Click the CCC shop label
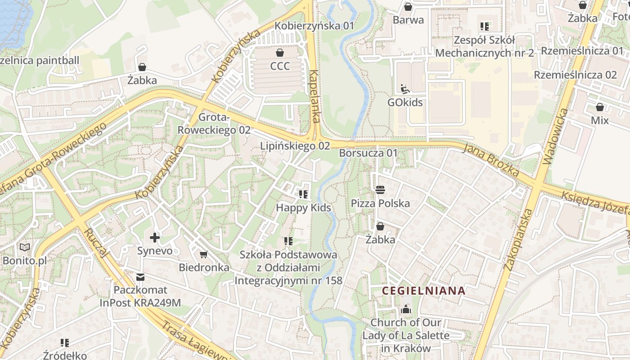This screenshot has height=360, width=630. [280, 66]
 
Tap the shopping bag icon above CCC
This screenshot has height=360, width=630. [280, 53]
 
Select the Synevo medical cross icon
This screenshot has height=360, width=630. [155, 237]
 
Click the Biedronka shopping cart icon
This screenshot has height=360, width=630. [204, 255]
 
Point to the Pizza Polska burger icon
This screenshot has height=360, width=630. [380, 189]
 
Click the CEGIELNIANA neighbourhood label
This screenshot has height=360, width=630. [423, 291]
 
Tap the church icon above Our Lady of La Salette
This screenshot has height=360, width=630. [406, 309]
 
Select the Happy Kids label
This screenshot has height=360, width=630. [303, 207]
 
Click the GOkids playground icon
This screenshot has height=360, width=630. [405, 89]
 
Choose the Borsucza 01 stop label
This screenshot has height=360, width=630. [369, 153]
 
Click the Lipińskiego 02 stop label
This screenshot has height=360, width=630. [295, 146]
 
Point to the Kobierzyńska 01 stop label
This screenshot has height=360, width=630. [315, 26]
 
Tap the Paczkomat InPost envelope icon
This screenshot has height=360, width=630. [140, 277]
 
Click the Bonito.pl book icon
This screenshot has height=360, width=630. [24, 247]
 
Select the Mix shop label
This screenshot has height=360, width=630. [599, 121]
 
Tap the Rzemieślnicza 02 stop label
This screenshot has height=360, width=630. [575, 75]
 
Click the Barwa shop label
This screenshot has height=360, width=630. [408, 20]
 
